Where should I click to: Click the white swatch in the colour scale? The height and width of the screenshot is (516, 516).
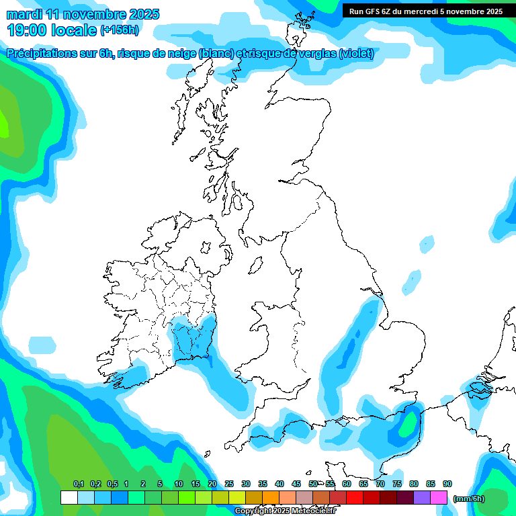point(69,498)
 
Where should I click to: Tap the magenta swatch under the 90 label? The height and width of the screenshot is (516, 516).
point(439,498)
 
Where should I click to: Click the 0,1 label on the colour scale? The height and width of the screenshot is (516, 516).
point(79,484)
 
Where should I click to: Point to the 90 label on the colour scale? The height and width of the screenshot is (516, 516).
point(447,484)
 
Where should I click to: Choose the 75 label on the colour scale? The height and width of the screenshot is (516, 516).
point(397,484)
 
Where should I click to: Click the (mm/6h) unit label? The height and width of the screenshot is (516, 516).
point(468,499)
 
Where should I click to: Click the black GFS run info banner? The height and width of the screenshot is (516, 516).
point(426,11)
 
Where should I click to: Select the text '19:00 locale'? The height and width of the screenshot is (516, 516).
point(51,30)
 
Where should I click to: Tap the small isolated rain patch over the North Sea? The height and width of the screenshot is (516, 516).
point(410,283)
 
